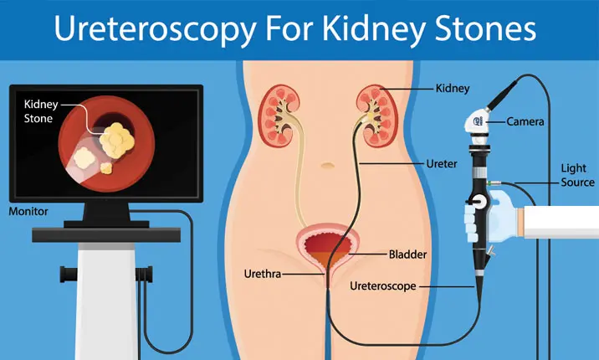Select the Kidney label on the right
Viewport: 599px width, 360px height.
(x=453, y=86)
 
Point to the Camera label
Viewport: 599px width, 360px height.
(x=525, y=122)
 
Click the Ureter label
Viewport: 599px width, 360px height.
(x=442, y=164)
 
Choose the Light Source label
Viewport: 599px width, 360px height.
(x=577, y=175)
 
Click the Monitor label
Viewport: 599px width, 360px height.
(x=29, y=211)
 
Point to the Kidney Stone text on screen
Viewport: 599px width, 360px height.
(x=38, y=111)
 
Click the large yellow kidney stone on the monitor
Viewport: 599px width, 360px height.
(x=115, y=137)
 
